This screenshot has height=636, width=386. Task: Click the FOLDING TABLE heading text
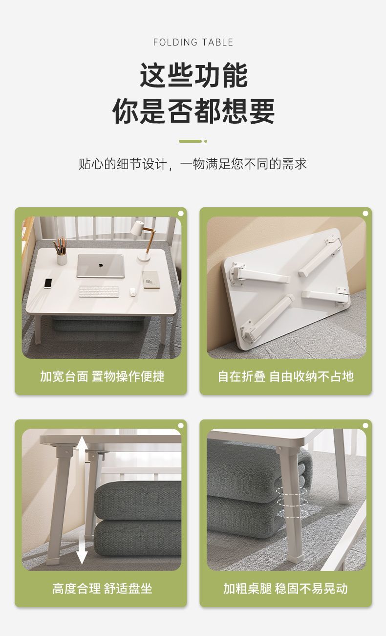(x=193, y=43)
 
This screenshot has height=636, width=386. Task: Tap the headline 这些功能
(x=194, y=75)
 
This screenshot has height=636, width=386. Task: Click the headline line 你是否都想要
(x=193, y=111)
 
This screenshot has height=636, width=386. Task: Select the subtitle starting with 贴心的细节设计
(x=193, y=164)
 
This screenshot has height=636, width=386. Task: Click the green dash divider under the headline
(x=193, y=141)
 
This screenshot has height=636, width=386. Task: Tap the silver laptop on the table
(x=101, y=266)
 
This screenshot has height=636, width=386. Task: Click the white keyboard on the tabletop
(x=99, y=291)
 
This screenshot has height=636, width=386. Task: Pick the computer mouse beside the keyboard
(x=132, y=292)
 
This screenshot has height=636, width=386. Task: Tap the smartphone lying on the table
(x=48, y=283)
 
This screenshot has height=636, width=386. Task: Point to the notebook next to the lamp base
(x=151, y=280)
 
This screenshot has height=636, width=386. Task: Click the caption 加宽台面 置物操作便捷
(x=102, y=376)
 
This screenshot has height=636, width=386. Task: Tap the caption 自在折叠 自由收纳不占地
(x=285, y=376)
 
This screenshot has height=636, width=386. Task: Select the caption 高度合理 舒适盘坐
(x=102, y=589)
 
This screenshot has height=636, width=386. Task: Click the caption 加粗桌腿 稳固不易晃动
(x=285, y=589)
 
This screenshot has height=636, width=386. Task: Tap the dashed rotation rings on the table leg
(x=292, y=502)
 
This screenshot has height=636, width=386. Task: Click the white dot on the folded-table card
(x=365, y=213)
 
